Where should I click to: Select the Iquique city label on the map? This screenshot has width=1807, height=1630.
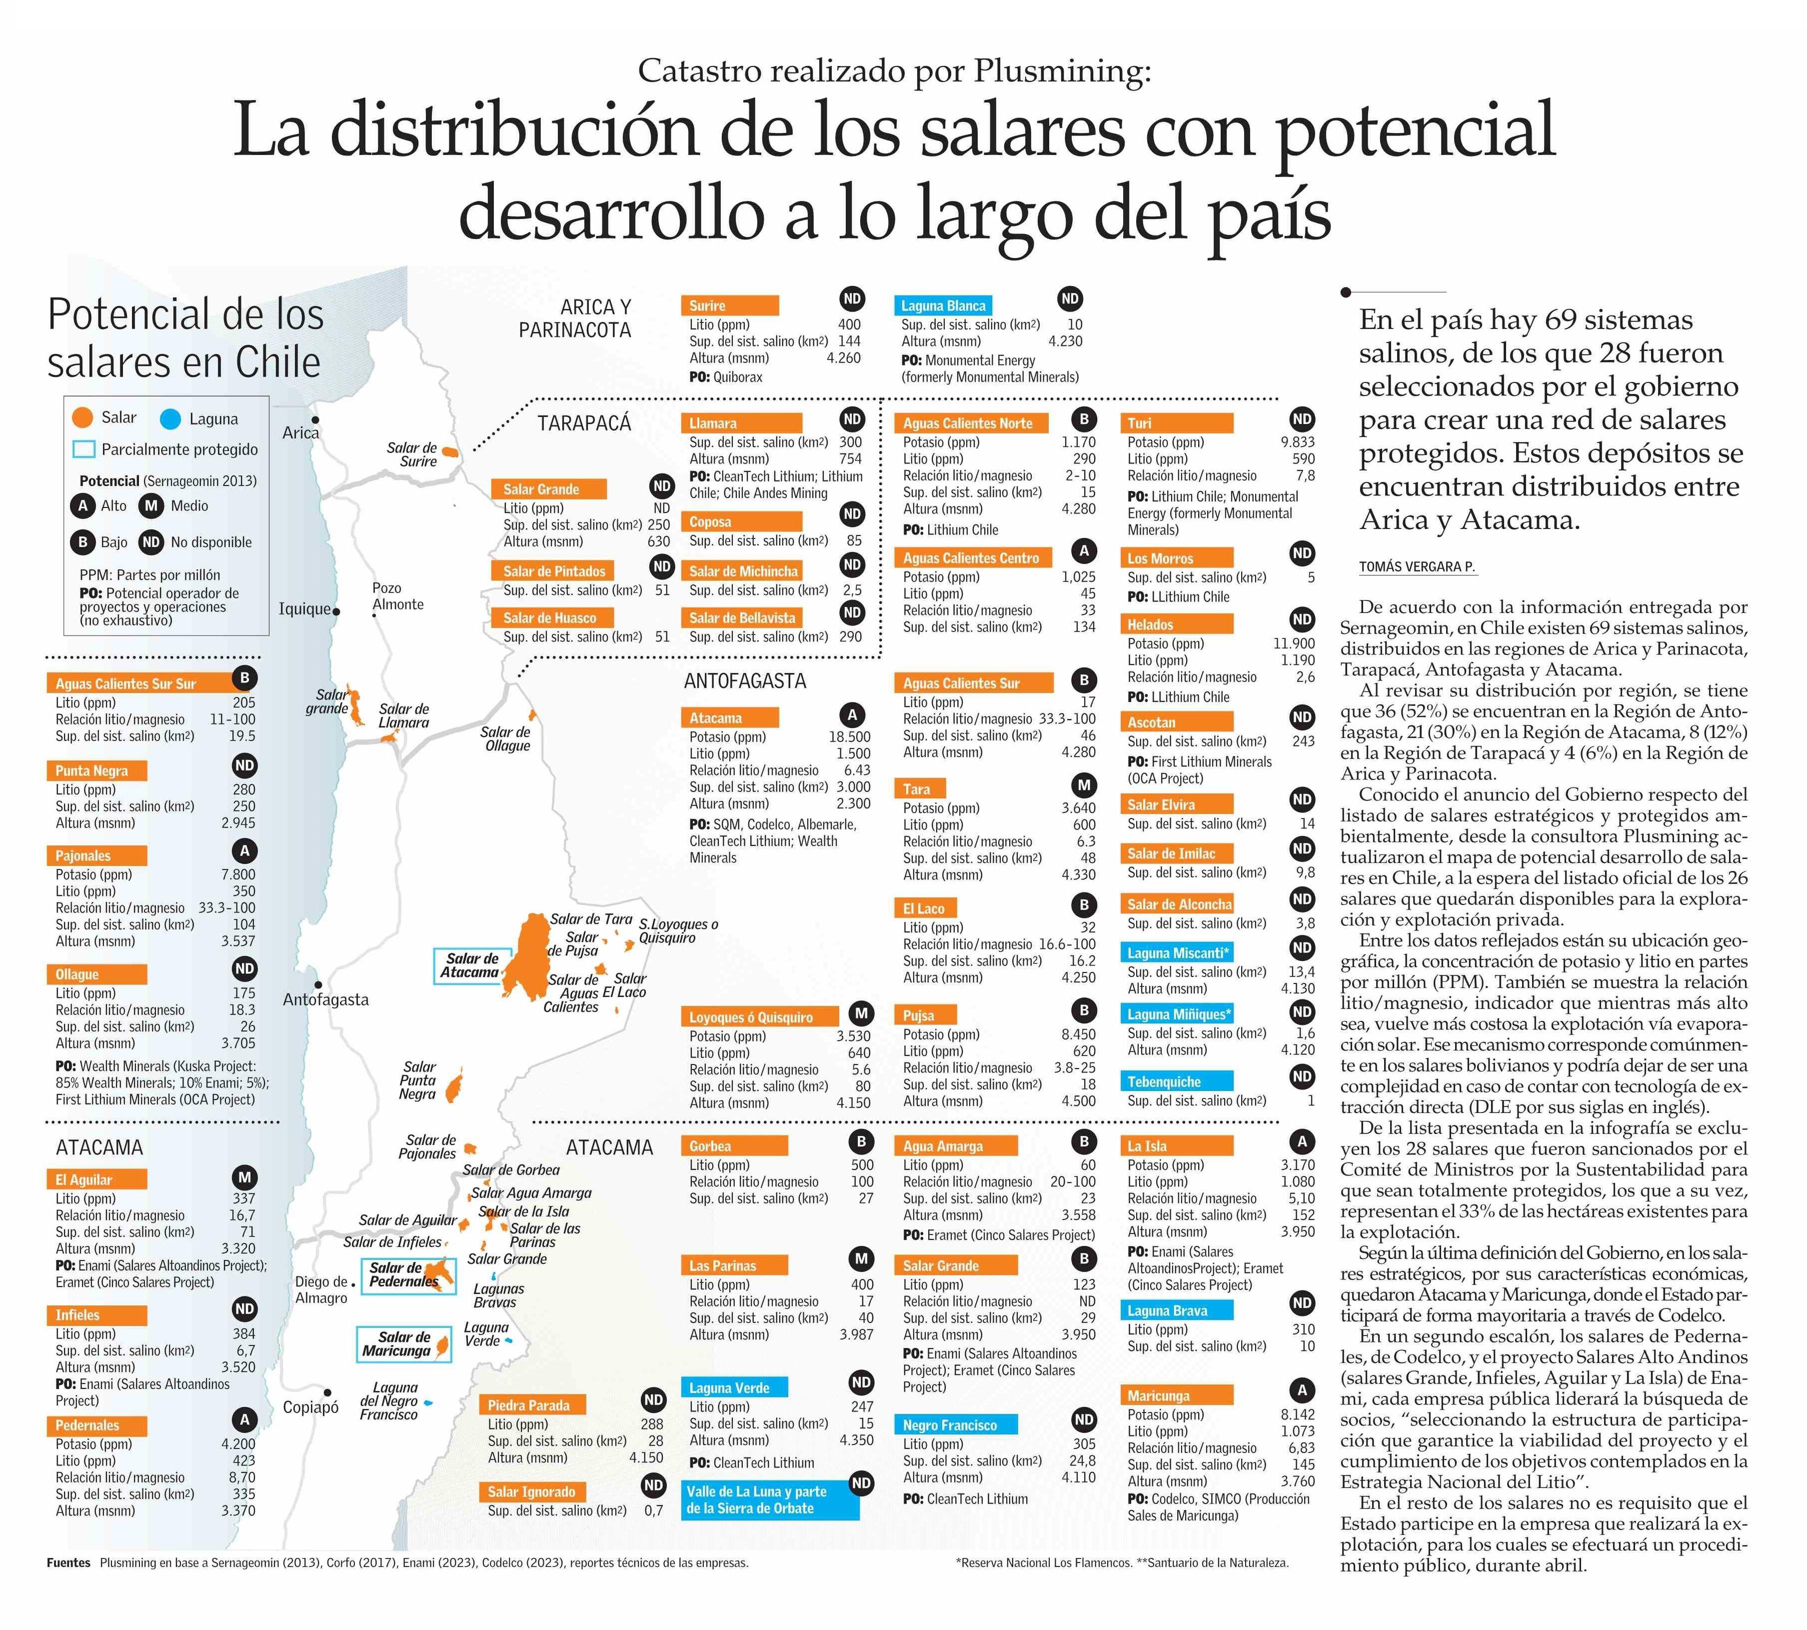(304, 609)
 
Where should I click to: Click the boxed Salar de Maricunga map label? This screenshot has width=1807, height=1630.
(404, 1344)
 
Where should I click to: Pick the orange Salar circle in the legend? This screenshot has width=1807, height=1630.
(82, 418)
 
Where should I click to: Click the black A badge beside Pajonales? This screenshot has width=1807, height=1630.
(244, 851)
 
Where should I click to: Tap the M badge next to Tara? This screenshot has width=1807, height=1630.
(1084, 785)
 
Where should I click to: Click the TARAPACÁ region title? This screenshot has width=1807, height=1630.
(584, 422)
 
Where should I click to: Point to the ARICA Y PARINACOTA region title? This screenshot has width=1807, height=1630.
(575, 318)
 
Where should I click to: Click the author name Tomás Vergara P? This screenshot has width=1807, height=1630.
(1416, 567)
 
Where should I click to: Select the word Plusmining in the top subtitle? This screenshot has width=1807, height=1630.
(1057, 71)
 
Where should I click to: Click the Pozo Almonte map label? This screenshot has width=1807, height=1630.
(397, 595)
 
